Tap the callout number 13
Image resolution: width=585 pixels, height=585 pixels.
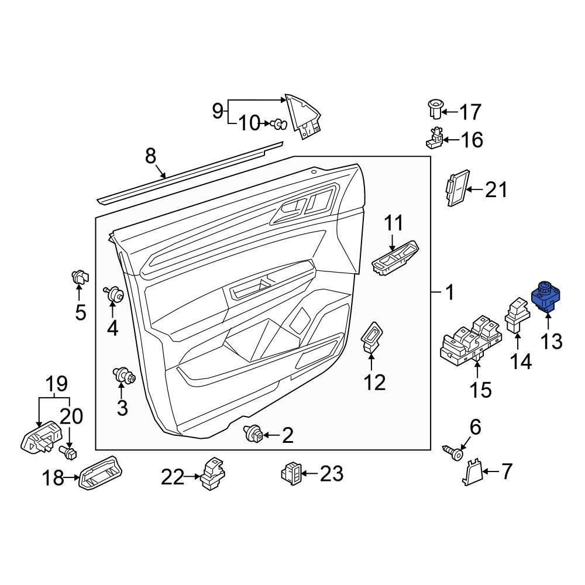[x=551, y=341]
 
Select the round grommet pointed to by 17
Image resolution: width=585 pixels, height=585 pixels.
[x=435, y=109]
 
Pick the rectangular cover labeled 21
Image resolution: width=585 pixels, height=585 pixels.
[x=457, y=188]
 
